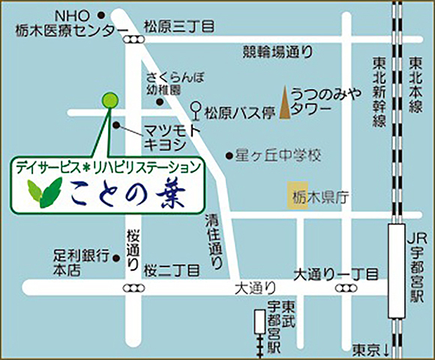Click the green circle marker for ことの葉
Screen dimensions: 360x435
point(109,100)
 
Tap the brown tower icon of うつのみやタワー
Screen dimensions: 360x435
point(284,104)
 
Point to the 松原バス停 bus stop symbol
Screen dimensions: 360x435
point(196,109)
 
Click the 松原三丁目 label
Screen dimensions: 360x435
point(178,26)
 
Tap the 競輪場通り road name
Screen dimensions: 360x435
point(277,52)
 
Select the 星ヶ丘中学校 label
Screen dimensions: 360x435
point(278,156)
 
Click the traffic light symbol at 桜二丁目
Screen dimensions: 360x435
point(134,288)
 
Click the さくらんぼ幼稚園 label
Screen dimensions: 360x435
point(174,82)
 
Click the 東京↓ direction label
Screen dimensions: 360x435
point(371,349)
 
